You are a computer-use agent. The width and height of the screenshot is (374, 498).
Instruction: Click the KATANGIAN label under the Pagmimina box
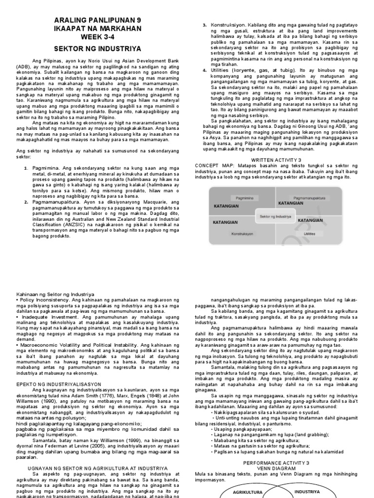click(226, 206)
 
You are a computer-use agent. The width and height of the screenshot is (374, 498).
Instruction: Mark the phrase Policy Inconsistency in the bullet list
click(47, 301)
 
